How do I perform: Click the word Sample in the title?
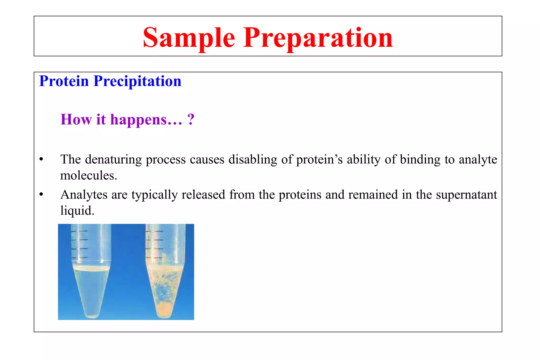point(189,38)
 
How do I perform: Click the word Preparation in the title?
point(318,38)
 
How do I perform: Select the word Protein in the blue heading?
point(64,81)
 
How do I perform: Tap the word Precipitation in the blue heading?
point(137,81)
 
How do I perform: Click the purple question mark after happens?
point(191,119)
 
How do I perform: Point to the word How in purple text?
point(76,119)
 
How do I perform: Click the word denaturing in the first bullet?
point(113,159)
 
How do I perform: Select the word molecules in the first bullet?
point(88,176)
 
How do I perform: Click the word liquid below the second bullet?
point(77,211)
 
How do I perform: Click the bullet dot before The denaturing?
point(41,159)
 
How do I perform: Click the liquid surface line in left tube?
point(91,269)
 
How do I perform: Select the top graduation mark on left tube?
point(79,231)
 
